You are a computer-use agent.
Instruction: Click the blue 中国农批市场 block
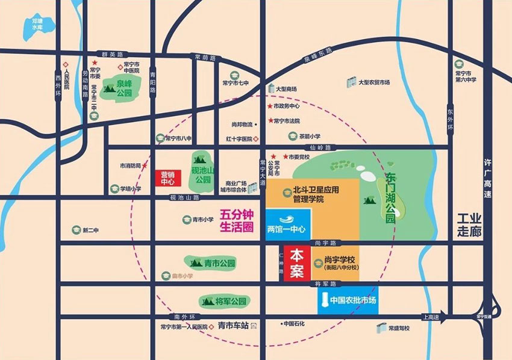pyautogui.click(x=348, y=302)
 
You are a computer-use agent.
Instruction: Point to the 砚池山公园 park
pyautogui.click(x=202, y=169)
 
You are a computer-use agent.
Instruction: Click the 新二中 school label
pyautogui.click(x=90, y=231)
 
